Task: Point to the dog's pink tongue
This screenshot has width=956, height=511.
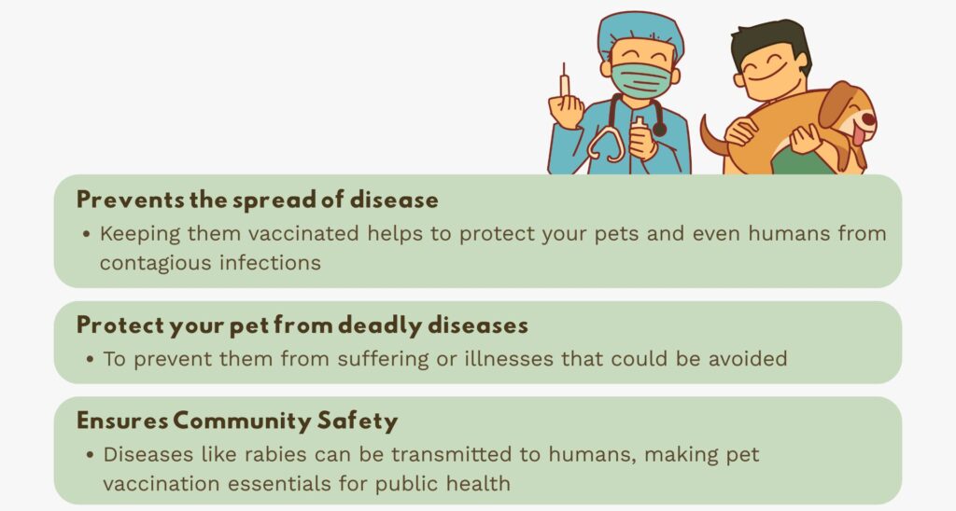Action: pyautogui.click(x=858, y=134)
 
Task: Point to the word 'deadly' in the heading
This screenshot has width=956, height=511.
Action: pyautogui.click(x=380, y=325)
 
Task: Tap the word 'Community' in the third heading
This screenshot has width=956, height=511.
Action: pyautogui.click(x=243, y=421)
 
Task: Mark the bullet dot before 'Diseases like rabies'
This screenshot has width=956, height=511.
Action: pyautogui.click(x=91, y=455)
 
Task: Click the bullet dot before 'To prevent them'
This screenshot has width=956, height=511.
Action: pyautogui.click(x=91, y=359)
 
